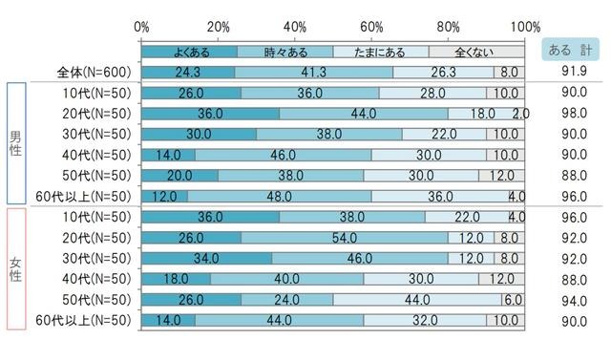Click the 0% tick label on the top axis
(x=142, y=25)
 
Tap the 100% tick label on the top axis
(x=523, y=25)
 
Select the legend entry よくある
(x=189, y=52)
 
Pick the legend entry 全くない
(x=476, y=52)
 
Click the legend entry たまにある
(x=381, y=52)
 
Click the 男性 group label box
(x=17, y=143)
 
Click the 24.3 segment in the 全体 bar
(x=188, y=72)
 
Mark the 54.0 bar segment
(x=345, y=238)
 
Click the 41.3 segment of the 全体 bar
(x=314, y=72)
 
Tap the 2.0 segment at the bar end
(x=521, y=114)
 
